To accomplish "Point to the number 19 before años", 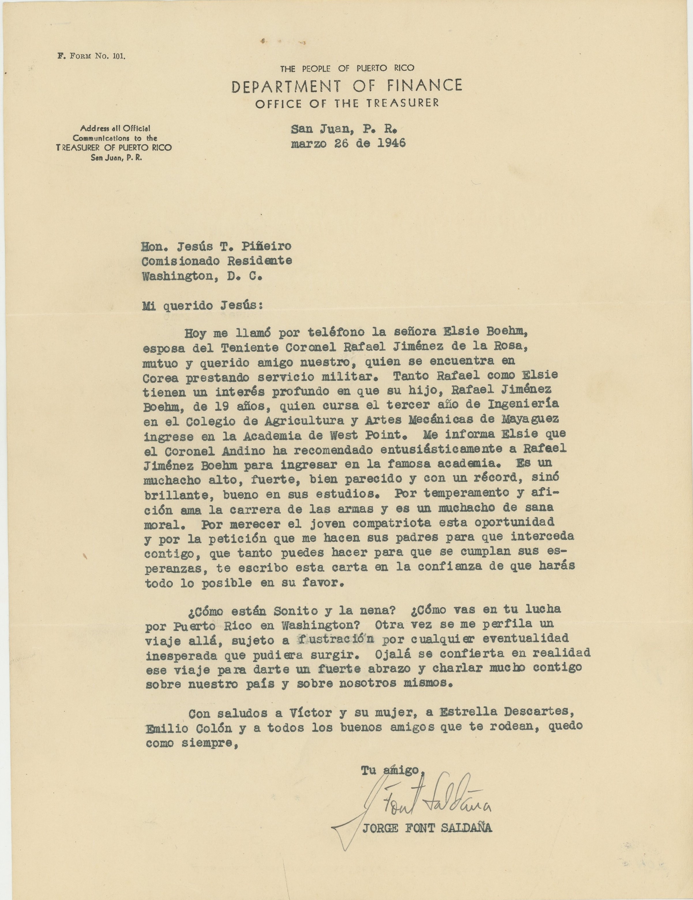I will (x=221, y=407).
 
